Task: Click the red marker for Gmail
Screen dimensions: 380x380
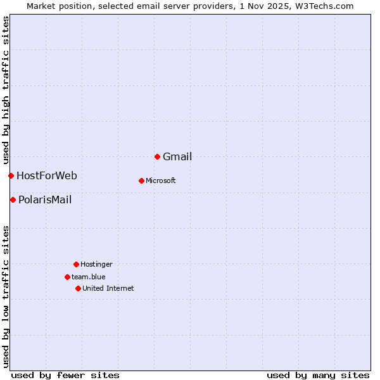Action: (157, 156)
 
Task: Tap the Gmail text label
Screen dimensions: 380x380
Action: (177, 157)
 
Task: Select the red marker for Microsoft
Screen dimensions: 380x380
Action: (141, 180)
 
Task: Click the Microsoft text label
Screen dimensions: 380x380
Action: (161, 181)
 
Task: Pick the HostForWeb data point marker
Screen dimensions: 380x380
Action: (11, 175)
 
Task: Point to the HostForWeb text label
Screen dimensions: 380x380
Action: (47, 176)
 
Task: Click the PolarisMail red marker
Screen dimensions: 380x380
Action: (13, 199)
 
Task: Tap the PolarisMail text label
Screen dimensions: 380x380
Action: (45, 200)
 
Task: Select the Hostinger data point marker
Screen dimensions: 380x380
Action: (76, 264)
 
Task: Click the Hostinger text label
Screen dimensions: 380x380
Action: (96, 265)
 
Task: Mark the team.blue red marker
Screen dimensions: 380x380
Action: (67, 277)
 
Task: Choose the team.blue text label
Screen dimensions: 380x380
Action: (89, 277)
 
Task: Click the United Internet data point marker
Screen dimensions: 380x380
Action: (78, 288)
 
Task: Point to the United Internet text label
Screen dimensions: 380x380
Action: (108, 289)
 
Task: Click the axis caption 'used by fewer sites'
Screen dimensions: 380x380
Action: (65, 375)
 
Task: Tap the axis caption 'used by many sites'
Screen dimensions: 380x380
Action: (318, 375)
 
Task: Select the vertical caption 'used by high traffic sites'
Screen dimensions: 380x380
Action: (6, 90)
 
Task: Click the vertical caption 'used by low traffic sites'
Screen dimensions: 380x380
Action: (6, 296)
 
